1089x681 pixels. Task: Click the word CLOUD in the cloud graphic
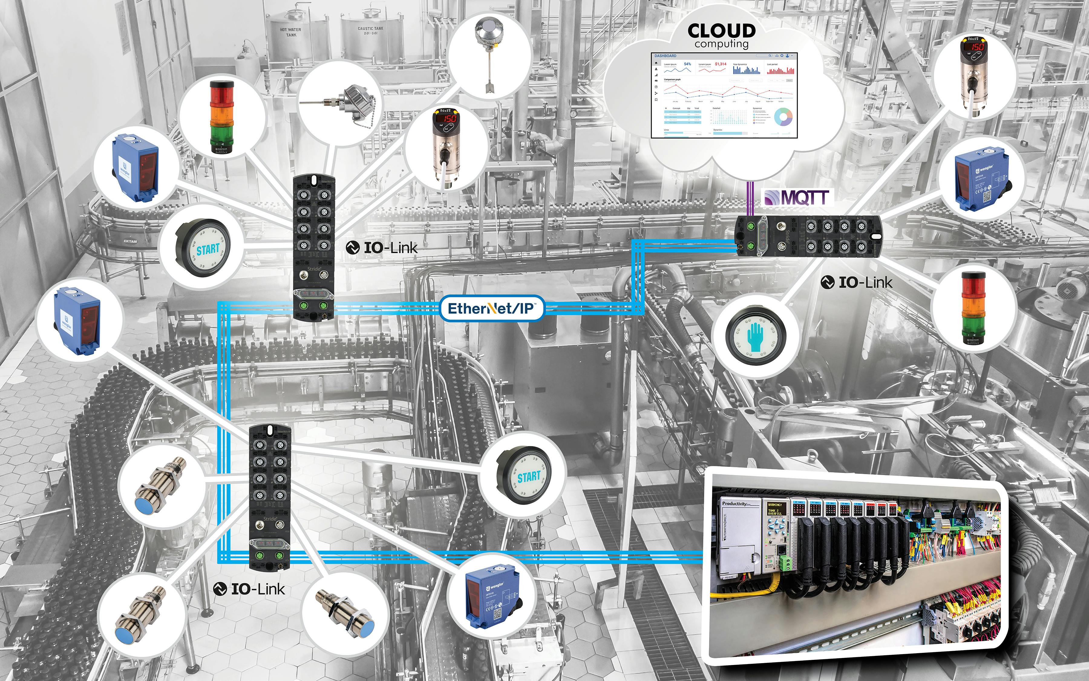pyautogui.click(x=721, y=31)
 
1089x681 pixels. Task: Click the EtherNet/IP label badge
pyautogui.click(x=491, y=308)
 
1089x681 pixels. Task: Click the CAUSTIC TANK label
pyautogui.click(x=370, y=31)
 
